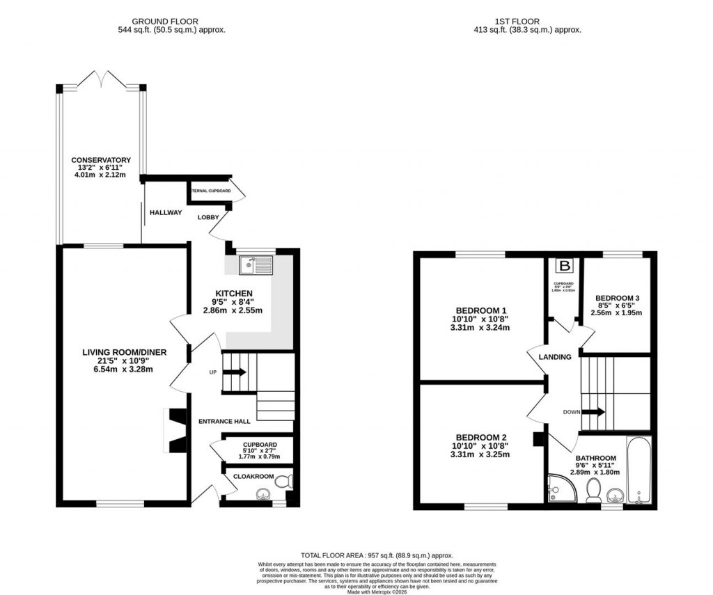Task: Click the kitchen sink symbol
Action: pyautogui.click(x=256, y=264)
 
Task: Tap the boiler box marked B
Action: pyautogui.click(x=565, y=265)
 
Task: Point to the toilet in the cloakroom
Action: pyautogui.click(x=284, y=481)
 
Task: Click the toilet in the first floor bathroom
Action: pyautogui.click(x=594, y=491)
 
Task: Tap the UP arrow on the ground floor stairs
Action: pyautogui.click(x=235, y=372)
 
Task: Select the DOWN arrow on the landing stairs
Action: pyautogui.click(x=593, y=411)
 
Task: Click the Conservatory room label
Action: pyautogui.click(x=100, y=160)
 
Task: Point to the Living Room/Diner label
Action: pyautogui.click(x=125, y=352)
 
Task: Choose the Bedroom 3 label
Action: pyautogui.click(x=617, y=298)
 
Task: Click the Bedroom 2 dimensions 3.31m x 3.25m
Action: pyautogui.click(x=480, y=454)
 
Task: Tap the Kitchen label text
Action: pyautogui.click(x=233, y=293)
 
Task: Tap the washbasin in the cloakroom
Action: pyautogui.click(x=263, y=494)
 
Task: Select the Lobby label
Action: pyautogui.click(x=208, y=217)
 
